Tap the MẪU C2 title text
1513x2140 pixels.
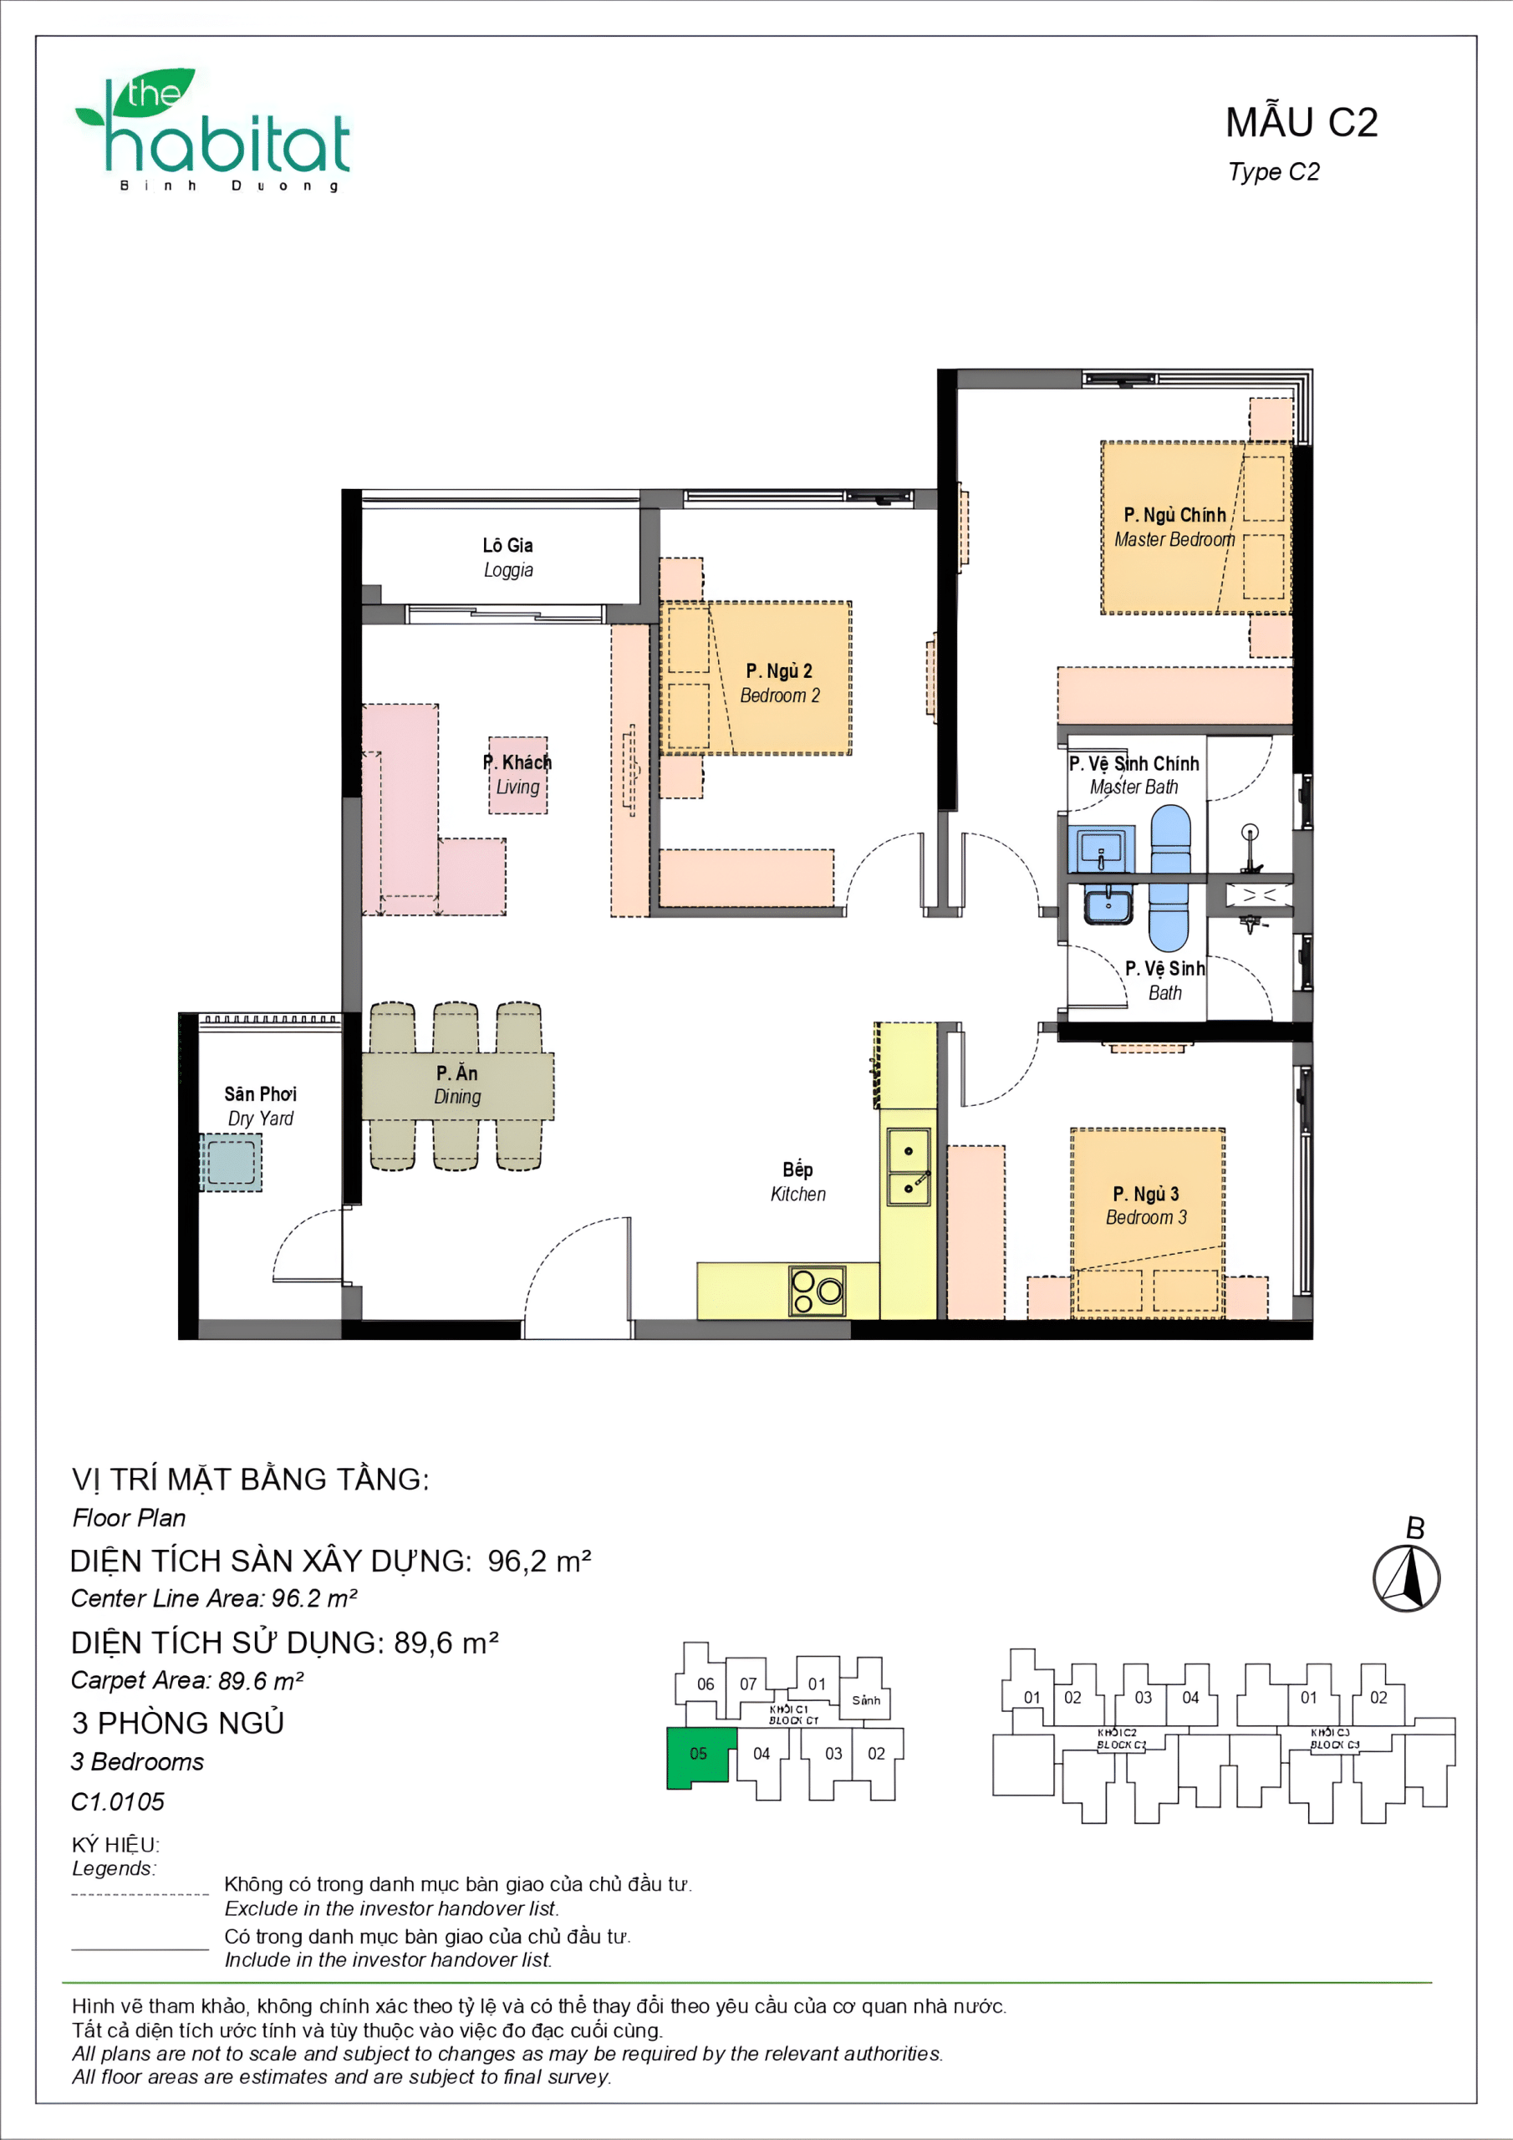1301,123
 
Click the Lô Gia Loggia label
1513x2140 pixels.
507,558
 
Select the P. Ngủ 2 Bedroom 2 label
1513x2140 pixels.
779,683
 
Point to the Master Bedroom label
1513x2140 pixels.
1174,527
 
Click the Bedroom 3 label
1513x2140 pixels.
1146,1205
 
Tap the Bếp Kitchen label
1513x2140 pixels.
797,1182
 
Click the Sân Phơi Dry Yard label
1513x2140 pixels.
260,1105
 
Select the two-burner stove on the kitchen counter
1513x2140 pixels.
817,1290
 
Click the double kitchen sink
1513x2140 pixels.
907,1166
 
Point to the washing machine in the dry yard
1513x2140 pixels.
230,1162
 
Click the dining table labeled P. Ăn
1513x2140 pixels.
456,1086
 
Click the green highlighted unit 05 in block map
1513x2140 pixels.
699,1754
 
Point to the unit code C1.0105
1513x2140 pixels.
118,1801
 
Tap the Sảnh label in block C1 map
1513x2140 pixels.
865,1700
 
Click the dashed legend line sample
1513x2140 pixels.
140,1894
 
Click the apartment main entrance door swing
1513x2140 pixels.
578,1277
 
